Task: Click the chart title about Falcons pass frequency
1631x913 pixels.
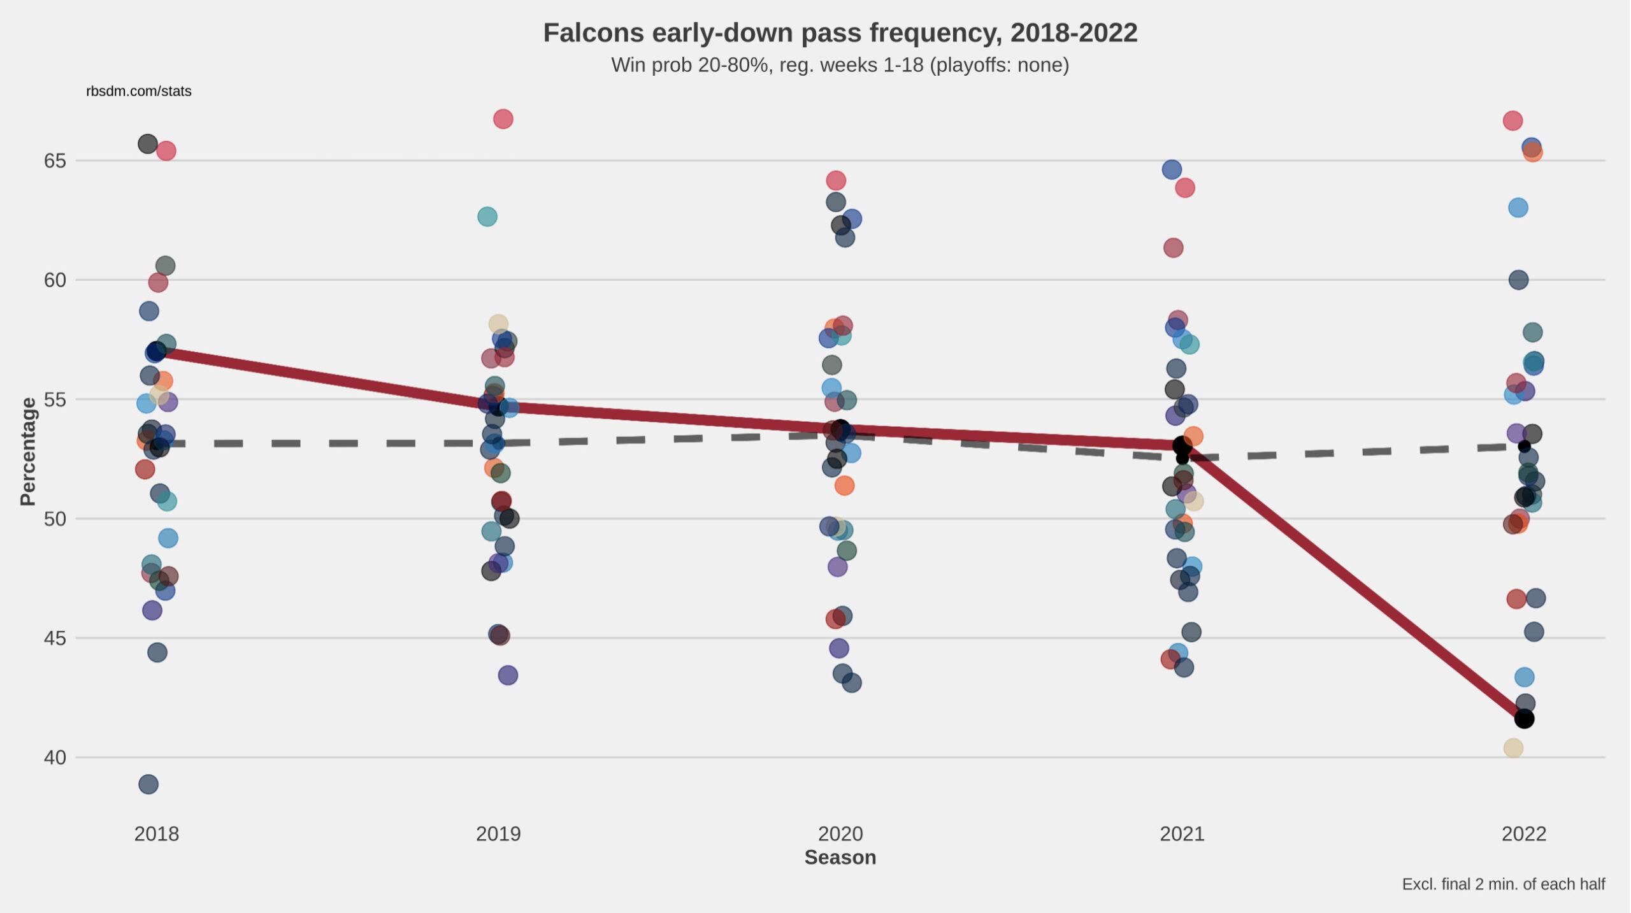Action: point(840,33)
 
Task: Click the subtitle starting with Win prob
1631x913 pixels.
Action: point(840,65)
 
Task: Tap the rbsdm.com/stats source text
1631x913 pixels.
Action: point(139,91)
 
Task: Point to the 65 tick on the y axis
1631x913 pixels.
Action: point(55,161)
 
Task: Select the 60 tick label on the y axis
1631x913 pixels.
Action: point(55,280)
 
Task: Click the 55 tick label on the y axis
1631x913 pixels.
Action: point(55,399)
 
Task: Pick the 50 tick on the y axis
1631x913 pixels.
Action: point(55,519)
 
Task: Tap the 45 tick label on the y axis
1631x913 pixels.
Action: point(55,638)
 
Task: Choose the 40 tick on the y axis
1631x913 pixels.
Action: point(55,758)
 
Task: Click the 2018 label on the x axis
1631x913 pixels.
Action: point(157,833)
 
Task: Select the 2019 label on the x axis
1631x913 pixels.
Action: point(498,833)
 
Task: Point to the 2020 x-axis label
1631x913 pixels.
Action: point(840,833)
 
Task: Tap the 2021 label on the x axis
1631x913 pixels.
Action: point(1182,833)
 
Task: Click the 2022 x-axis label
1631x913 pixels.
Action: point(1524,833)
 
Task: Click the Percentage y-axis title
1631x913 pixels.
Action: point(28,451)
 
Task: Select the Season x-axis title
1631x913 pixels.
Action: point(840,858)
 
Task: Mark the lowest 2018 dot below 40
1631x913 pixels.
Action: point(148,784)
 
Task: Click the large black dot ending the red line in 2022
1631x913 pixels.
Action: point(1524,719)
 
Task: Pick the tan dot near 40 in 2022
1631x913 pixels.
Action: point(1513,748)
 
